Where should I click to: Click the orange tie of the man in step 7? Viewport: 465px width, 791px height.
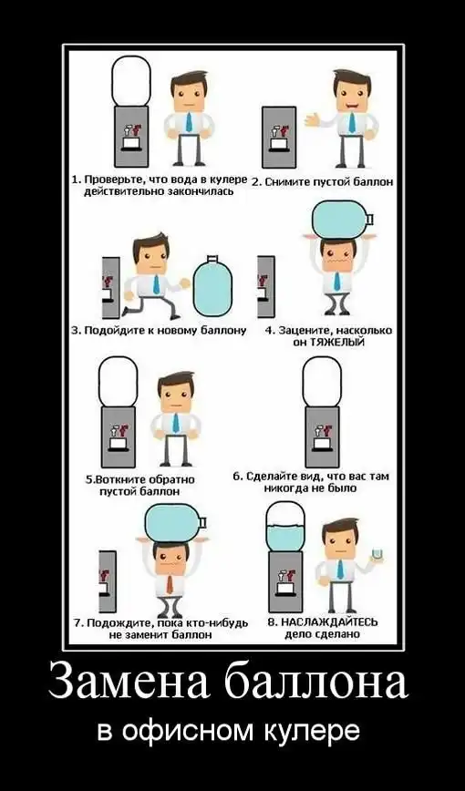click(x=170, y=583)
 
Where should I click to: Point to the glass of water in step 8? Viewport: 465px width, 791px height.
click(x=377, y=554)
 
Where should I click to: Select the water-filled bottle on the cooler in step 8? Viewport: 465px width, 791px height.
click(x=285, y=526)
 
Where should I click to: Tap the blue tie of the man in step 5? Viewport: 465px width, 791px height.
click(x=176, y=423)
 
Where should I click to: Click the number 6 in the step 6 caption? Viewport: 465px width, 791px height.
click(x=236, y=477)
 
